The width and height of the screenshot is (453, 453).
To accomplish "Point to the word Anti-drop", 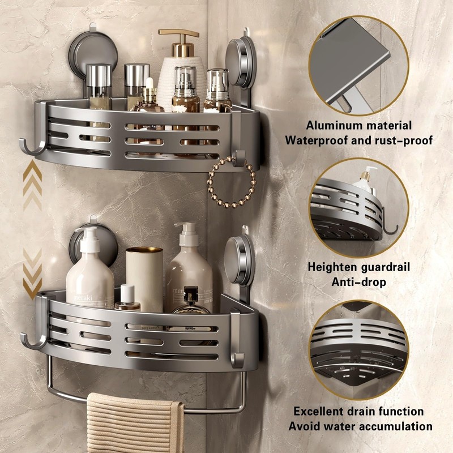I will click(x=358, y=281).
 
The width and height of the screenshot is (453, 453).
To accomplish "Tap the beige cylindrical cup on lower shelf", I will click(x=144, y=277).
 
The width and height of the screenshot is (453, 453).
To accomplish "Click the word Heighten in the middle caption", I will click(x=332, y=267).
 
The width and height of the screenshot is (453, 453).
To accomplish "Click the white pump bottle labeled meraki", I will click(x=90, y=275).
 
